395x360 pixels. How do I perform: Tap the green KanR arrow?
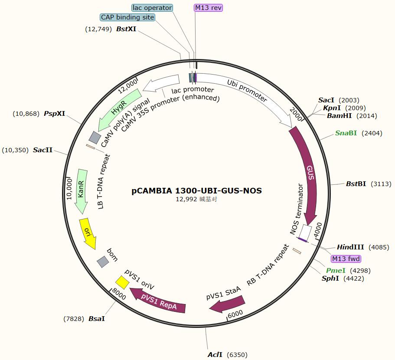(x=81, y=191)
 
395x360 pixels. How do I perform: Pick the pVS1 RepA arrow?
(x=158, y=303)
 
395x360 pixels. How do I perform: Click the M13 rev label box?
(x=208, y=8)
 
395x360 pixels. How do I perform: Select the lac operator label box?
(x=152, y=8)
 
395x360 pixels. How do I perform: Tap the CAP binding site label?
(x=127, y=17)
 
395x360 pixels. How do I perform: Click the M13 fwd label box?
(x=346, y=259)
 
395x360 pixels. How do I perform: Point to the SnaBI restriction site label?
(x=346, y=133)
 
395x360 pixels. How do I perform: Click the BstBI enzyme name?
(x=356, y=184)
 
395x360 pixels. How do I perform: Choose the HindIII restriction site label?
(x=350, y=247)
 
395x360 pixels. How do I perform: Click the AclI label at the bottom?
(x=215, y=355)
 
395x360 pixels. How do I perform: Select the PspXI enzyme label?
(x=55, y=114)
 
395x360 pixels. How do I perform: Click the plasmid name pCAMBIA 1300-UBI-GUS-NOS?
(x=197, y=191)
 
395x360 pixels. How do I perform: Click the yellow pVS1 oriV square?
(x=122, y=282)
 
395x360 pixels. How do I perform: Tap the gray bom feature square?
(x=103, y=262)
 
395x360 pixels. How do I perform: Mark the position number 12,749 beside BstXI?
(x=99, y=29)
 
